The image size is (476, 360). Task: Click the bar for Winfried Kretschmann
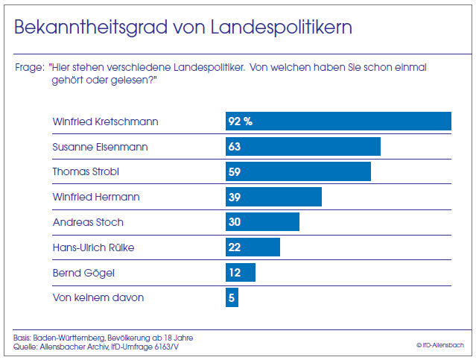tap(339, 121)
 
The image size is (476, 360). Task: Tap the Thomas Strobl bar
tap(298, 172)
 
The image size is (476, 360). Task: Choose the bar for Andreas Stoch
tap(262, 222)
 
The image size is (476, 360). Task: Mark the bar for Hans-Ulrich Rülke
tap(253, 247)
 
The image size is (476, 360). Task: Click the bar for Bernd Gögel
tap(241, 273)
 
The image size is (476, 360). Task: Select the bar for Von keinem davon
tap(232, 297)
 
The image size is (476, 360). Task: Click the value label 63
tap(235, 147)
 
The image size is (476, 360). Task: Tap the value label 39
tap(235, 197)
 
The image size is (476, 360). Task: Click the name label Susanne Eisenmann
tap(101, 147)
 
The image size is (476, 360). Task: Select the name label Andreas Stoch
tap(88, 222)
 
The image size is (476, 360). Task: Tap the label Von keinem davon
tap(98, 297)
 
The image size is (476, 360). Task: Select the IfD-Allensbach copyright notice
tap(440, 345)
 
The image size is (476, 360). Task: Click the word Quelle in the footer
tap(25, 345)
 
